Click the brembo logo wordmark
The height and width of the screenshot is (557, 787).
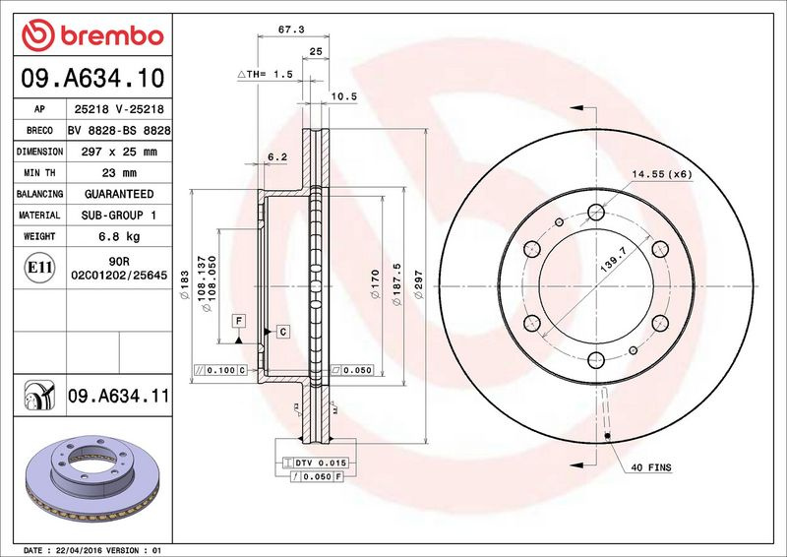[x=112, y=35]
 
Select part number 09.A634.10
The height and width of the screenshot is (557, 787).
[x=92, y=78]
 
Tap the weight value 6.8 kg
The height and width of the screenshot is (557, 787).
[x=119, y=236]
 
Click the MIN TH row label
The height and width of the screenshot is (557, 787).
[x=39, y=173]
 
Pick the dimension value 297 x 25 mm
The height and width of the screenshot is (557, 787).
[x=119, y=152]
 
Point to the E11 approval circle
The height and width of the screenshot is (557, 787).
[x=39, y=268]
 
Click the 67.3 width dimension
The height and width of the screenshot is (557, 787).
[x=291, y=30]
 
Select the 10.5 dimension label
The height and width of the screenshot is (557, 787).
[x=343, y=96]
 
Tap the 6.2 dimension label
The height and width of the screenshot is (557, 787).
[x=277, y=157]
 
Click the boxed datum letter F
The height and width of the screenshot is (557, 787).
[x=239, y=321]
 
